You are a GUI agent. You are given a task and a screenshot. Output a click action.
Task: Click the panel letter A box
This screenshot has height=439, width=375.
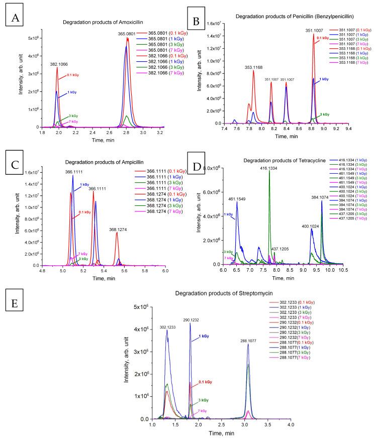pyautogui.click(x=13, y=19)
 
